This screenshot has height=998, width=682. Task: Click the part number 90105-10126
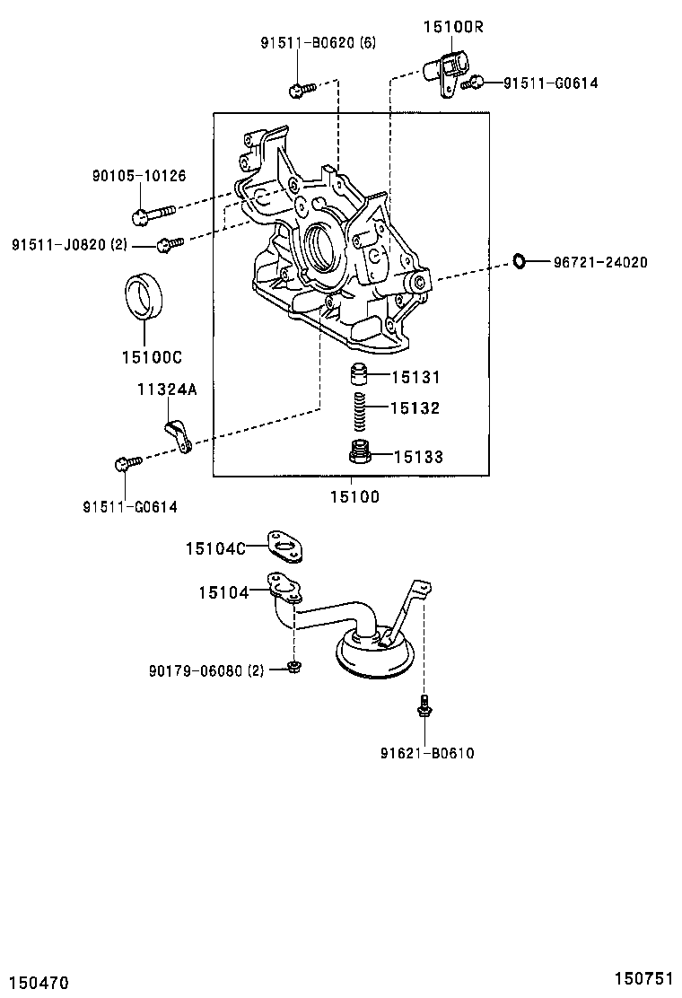[x=139, y=176]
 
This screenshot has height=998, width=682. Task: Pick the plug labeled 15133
[x=361, y=454]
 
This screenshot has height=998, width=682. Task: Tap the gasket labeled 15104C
[x=285, y=547]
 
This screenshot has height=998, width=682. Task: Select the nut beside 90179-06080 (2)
[x=293, y=666]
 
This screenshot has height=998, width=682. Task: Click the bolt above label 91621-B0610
[x=423, y=707]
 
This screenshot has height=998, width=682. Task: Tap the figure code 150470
[x=39, y=984]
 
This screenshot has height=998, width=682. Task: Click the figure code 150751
[x=643, y=977]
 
